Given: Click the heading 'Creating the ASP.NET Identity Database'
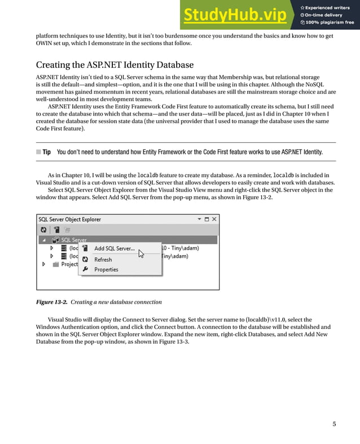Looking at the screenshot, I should [115, 65].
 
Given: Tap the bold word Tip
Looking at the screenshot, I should [46, 152].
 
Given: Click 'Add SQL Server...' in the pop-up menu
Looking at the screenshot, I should [115, 248].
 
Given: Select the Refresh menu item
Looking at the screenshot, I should [103, 260].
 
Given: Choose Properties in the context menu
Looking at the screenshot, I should [106, 270].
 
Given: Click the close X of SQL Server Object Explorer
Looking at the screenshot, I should [214, 219].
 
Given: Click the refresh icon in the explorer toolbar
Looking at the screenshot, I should [43, 230].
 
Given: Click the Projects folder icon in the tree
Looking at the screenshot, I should [55, 264].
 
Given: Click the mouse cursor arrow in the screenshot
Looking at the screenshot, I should [141, 254].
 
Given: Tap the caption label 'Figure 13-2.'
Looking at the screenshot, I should [51, 302].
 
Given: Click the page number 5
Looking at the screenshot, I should [334, 424].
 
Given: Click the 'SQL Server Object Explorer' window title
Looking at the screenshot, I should [70, 219].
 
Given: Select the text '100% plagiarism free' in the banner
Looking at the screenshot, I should [330, 23].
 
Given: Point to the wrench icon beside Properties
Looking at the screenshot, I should [85, 270].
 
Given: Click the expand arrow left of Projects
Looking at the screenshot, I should [44, 264].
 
